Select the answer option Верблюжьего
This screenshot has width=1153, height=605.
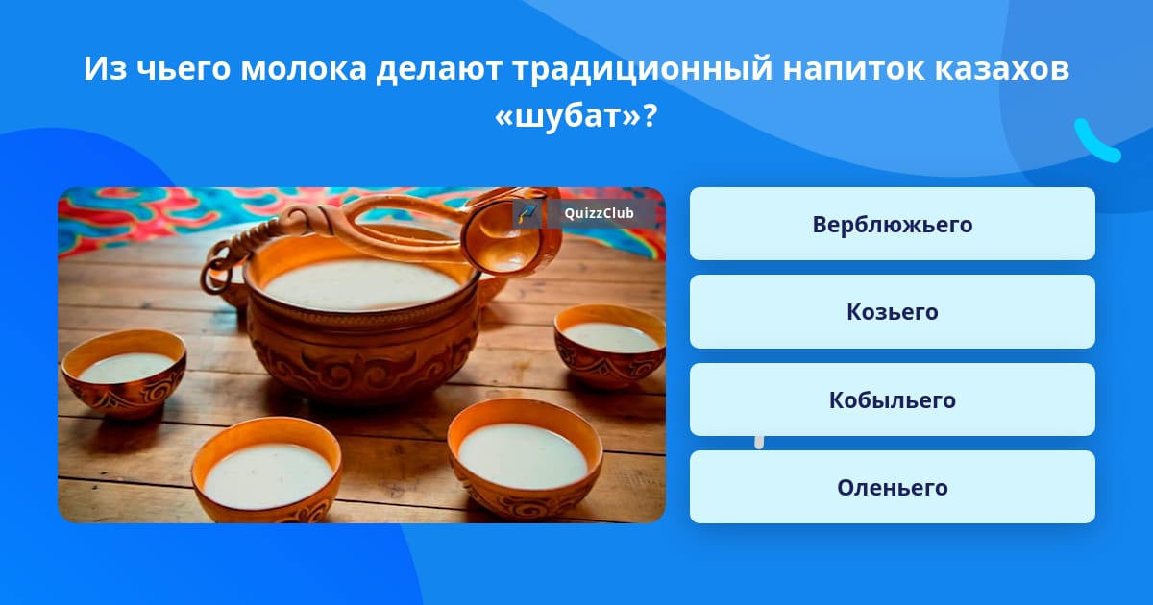tap(892, 224)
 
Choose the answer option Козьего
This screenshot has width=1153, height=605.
tap(892, 312)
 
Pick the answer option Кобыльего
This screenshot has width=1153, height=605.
tap(892, 399)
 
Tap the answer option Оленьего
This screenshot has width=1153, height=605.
tap(892, 487)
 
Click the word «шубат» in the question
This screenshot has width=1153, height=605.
tap(568, 116)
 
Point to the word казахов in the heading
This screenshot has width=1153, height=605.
tap(1002, 68)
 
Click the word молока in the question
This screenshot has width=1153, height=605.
tap(304, 68)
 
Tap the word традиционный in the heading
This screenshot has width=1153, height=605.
tap(643, 69)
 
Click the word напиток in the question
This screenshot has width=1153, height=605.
tap(854, 68)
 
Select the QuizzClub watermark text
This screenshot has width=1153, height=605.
tap(599, 213)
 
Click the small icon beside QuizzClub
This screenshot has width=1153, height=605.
tap(527, 213)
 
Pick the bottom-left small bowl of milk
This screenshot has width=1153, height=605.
tap(267, 470)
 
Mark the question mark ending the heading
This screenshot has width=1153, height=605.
tap(650, 116)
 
